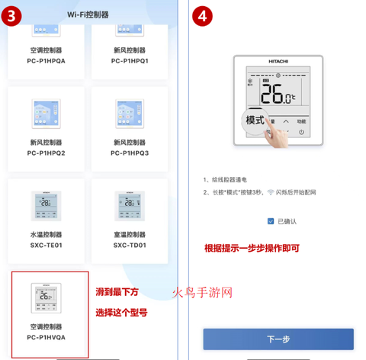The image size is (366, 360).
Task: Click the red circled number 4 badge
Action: coord(201,15)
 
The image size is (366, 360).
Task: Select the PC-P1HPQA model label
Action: coord(46,60)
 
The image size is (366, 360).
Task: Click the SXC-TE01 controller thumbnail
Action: coord(46,204)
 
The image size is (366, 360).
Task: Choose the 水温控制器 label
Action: coord(46,235)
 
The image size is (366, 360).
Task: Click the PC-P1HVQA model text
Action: coord(46,337)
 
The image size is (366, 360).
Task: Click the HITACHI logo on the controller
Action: coord(278,59)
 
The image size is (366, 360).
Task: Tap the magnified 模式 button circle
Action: coord(255,121)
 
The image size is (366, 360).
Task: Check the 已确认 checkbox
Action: coord(271,221)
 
